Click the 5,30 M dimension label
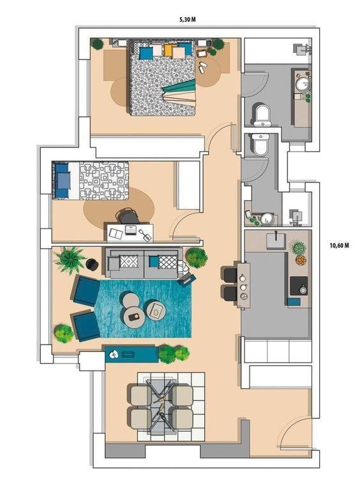[187, 20]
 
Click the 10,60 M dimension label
[339, 246]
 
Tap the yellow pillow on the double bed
[169, 50]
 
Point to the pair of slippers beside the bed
[202, 67]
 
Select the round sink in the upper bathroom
[304, 84]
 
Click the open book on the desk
[116, 234]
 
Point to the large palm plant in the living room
[70, 260]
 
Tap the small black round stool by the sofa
[92, 264]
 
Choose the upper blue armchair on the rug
[86, 290]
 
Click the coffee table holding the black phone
[134, 318]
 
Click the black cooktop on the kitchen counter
[299, 286]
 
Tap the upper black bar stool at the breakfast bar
[230, 275]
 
